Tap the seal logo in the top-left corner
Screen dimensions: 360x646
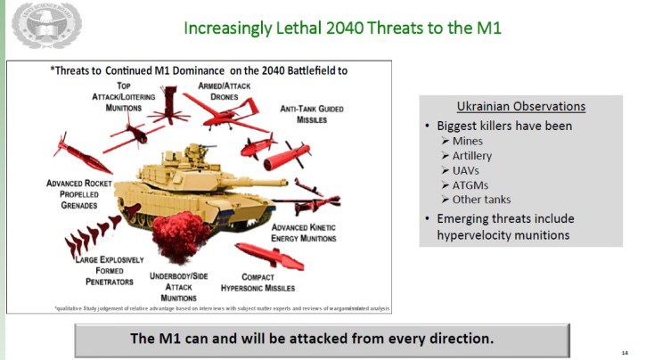coord(46,25)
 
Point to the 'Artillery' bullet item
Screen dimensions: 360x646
coord(471,156)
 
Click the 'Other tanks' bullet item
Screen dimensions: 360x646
coord(481,199)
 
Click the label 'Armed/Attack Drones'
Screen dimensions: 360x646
coord(211,91)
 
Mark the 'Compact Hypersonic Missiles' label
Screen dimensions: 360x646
coord(270,282)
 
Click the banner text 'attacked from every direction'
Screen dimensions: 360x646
coord(388,339)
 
